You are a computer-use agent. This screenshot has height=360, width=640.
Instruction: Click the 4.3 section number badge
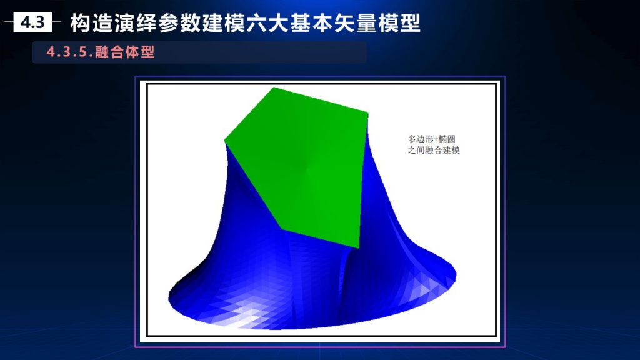[32, 22]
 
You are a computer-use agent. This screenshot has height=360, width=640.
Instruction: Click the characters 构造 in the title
[92, 23]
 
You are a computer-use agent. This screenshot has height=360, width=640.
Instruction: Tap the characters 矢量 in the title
[356, 23]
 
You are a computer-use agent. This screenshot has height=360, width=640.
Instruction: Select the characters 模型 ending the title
[399, 23]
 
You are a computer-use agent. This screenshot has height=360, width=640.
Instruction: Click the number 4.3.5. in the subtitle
[69, 52]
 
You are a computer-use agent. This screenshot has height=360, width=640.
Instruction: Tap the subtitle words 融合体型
[125, 52]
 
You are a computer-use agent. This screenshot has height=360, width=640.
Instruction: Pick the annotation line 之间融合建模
[434, 150]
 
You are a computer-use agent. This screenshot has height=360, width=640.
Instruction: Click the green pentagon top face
[301, 163]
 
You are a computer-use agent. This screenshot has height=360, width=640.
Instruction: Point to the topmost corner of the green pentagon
[274, 87]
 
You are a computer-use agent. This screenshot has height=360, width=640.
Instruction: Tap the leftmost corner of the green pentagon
[225, 141]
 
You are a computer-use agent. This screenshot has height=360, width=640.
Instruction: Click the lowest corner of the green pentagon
[358, 247]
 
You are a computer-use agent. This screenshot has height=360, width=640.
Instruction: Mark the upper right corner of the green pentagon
[367, 114]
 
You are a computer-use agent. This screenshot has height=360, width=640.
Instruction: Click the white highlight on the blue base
[245, 318]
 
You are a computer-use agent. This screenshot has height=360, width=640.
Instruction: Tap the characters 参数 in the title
[180, 23]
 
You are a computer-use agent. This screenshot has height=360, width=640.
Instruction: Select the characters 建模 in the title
[224, 23]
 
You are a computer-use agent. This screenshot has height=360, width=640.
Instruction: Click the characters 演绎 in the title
[136, 23]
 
